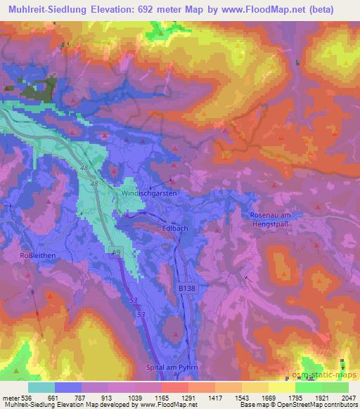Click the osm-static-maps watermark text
click(x=324, y=375)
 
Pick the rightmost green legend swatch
click(x=335, y=387)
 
